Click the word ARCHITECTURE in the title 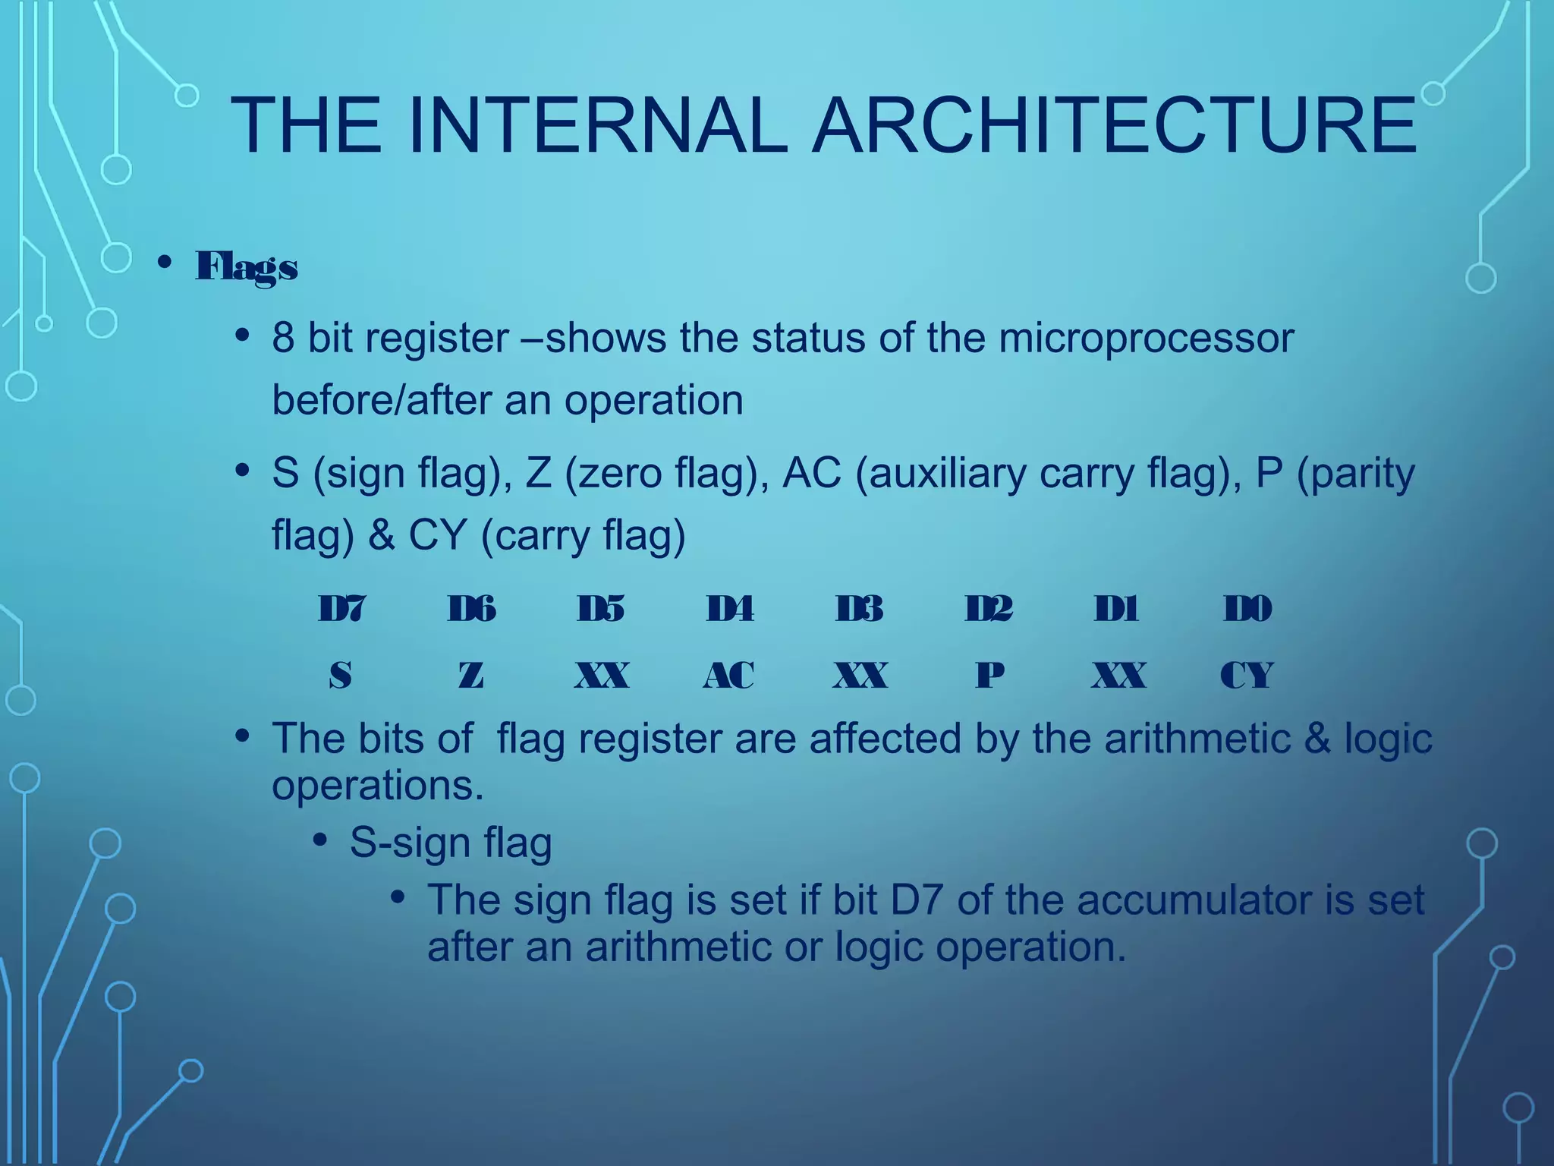[1114, 125]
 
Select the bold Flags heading [247, 266]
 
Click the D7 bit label [341, 609]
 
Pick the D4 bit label [730, 609]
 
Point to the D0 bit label [1247, 609]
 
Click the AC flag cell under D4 [728, 675]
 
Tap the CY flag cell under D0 [1247, 675]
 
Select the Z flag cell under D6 [470, 675]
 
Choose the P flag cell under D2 [989, 675]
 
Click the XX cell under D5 [601, 675]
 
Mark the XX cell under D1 [1118, 675]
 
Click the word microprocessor [1146, 339]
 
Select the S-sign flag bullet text [451, 843]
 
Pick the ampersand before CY [381, 534]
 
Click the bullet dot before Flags [163, 263]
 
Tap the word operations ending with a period [377, 786]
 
